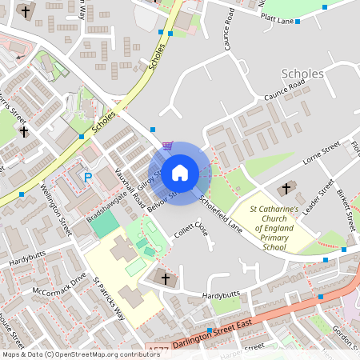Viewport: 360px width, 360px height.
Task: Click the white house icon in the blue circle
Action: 180,172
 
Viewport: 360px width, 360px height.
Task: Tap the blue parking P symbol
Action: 88,176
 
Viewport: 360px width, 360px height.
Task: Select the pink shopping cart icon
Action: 167,146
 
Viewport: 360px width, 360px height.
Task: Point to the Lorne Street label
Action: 322,154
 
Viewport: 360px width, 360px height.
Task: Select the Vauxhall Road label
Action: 129,188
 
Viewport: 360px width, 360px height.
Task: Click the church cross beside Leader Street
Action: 286,189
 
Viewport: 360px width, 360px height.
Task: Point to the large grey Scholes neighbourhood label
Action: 303,74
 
